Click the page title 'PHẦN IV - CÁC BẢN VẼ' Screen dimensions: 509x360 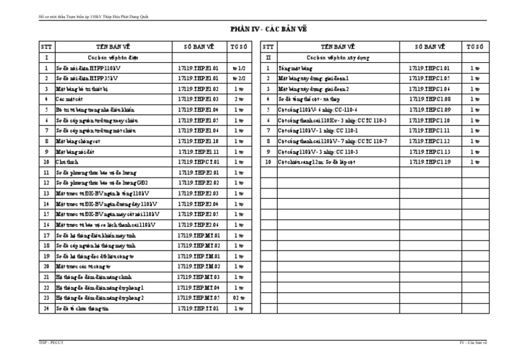click(x=268, y=29)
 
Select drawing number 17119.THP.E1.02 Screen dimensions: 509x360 click(x=198, y=88)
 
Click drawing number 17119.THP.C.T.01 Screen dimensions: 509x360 click(x=198, y=162)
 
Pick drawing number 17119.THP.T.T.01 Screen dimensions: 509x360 click(x=198, y=308)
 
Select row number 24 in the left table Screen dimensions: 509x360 click(x=46, y=308)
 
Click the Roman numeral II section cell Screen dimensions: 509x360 click(x=267, y=57)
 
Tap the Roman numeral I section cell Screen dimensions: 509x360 click(x=46, y=57)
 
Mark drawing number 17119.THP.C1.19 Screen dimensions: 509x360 click(x=429, y=162)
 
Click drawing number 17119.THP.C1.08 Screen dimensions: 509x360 click(x=429, y=99)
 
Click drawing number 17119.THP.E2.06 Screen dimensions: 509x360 click(x=198, y=225)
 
